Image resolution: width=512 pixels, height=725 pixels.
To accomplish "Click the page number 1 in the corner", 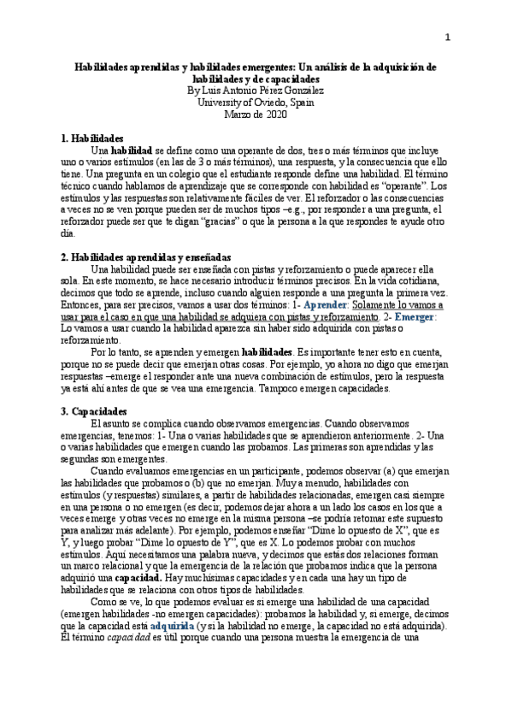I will pyautogui.click(x=446, y=37).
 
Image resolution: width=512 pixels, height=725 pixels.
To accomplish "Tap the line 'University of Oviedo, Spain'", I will pyautogui.click(x=256, y=102).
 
